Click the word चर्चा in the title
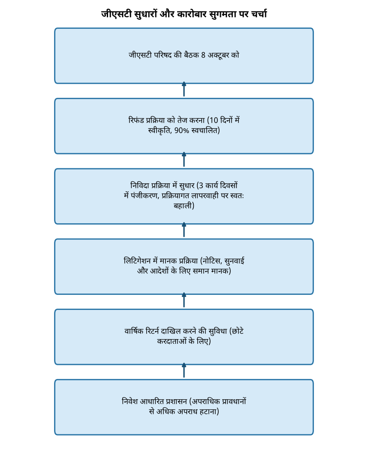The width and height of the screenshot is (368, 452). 259,14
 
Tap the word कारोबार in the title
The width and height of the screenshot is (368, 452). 192,14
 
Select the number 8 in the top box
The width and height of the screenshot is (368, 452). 203,55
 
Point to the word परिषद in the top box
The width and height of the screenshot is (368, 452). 163,55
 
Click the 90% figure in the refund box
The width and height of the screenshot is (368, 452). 181,130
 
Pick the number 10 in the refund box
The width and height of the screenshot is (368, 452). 214,120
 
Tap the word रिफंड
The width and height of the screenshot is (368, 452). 136,120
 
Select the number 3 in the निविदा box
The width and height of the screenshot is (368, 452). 201,185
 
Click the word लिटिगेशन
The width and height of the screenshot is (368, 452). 137,261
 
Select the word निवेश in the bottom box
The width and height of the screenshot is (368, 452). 130,401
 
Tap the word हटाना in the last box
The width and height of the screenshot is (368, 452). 208,412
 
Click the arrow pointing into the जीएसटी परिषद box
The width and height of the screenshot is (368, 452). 184,89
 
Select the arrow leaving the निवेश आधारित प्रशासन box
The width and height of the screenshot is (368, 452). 184,370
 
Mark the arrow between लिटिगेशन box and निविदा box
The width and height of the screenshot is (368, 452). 184,230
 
